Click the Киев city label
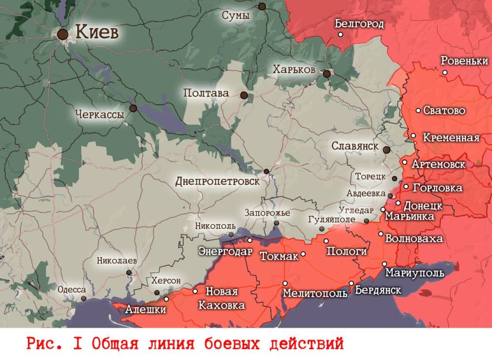[97, 33]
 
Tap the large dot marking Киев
[62, 34]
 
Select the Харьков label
[294, 70]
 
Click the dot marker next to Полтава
[244, 95]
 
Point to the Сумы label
[236, 15]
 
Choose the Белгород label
[359, 24]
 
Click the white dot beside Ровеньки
[445, 72]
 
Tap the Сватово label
[444, 111]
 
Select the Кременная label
[451, 138]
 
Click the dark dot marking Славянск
[387, 150]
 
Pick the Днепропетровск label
[217, 181]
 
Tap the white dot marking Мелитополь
[285, 283]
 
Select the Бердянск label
[378, 290]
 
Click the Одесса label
[72, 290]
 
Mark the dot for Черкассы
[133, 108]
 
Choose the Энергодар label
[225, 251]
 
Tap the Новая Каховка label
[221, 299]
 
